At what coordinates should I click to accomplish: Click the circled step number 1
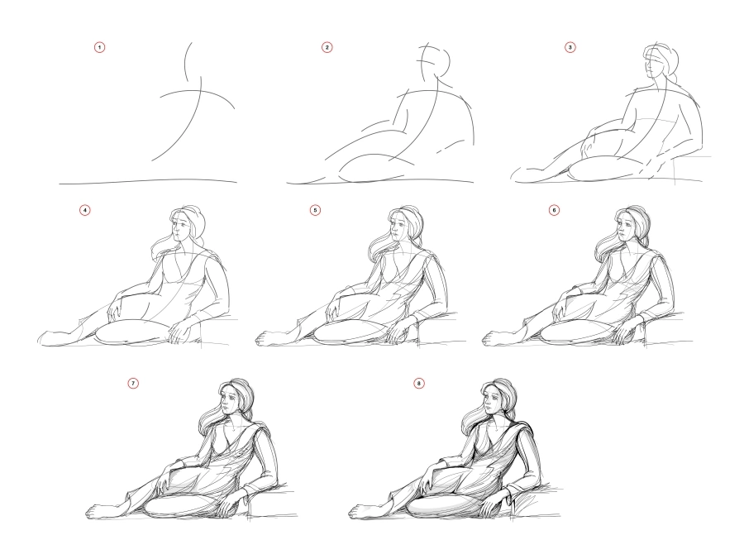click(x=100, y=49)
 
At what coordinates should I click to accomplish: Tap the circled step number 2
click(x=327, y=49)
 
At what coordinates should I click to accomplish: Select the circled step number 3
click(x=570, y=49)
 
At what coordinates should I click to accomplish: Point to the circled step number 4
click(x=85, y=210)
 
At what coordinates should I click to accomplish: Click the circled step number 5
click(x=314, y=210)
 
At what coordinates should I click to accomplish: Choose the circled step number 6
click(x=554, y=210)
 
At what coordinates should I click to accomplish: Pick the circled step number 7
click(x=133, y=384)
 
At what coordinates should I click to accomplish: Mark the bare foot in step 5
click(x=269, y=337)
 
